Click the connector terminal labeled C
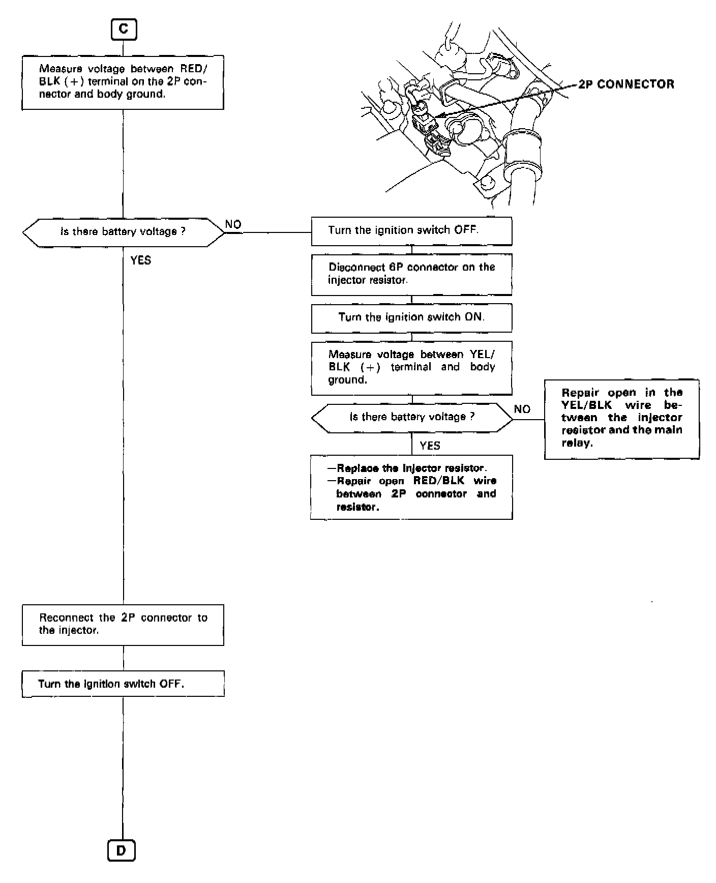click(124, 30)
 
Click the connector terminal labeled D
click(122, 850)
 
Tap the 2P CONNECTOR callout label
click(626, 84)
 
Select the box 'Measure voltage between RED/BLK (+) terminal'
click(123, 82)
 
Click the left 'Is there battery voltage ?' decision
click(123, 232)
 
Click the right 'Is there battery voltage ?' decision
click(412, 418)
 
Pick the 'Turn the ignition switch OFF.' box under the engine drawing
click(411, 231)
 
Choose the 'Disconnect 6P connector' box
click(411, 274)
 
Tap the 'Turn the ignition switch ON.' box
click(411, 318)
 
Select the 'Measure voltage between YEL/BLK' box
click(411, 368)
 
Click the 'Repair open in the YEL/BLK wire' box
click(621, 419)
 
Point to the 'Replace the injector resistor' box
click(411, 487)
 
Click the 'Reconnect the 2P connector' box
click(123, 625)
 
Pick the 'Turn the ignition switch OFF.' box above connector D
click(123, 684)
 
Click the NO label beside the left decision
click(233, 225)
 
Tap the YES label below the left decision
click(141, 260)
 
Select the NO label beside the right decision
click(522, 409)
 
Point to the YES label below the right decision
click(430, 446)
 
